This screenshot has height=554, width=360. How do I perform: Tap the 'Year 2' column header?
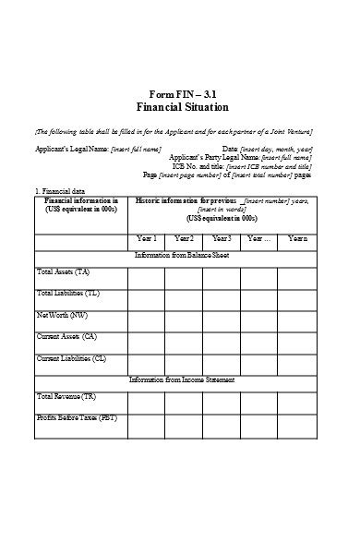(184, 239)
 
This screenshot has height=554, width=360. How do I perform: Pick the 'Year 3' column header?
(222, 239)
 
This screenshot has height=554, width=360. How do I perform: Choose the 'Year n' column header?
(297, 239)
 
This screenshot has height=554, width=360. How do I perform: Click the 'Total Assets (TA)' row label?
(64, 272)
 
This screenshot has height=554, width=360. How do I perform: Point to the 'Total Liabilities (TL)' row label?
(68, 293)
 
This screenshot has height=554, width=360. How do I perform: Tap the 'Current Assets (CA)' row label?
(66, 336)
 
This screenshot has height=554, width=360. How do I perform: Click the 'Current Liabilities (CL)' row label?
(71, 357)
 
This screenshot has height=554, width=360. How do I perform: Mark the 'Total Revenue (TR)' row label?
(66, 396)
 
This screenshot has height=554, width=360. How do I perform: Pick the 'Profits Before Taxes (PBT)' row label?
(77, 417)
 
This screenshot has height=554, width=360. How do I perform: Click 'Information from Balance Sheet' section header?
(182, 253)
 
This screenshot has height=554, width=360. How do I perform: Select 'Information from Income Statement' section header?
(182, 379)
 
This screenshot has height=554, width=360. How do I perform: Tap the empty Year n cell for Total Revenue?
(297, 402)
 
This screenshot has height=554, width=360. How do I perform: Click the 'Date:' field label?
(231, 149)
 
